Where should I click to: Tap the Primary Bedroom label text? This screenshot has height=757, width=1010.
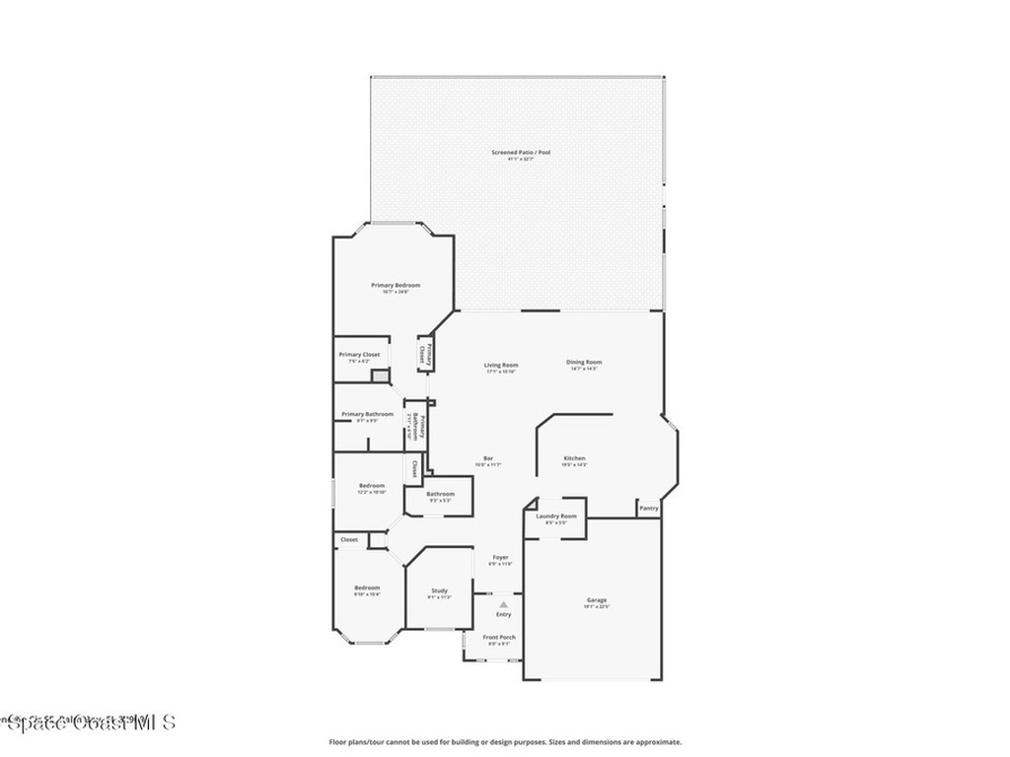pos(396,285)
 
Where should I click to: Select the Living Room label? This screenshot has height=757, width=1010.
pos(501,364)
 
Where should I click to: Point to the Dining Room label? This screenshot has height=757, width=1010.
pos(584,362)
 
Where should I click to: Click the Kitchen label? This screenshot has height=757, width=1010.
pos(575,458)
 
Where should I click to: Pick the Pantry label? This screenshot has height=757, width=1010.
pos(648,508)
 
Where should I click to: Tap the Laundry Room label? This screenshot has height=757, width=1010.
pos(556,516)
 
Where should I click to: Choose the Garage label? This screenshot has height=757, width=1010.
pos(597,600)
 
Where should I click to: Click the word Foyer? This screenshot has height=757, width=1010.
pos(501,557)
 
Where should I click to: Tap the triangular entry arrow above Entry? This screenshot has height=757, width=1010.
pos(503,604)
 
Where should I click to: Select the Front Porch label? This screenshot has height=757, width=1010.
pos(499,637)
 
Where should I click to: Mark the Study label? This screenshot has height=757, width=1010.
pos(439,590)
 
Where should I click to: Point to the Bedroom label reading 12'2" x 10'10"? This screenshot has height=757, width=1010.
pos(372,485)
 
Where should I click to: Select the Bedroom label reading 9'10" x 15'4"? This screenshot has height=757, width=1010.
pos(367,587)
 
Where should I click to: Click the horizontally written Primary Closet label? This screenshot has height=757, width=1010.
pos(359,354)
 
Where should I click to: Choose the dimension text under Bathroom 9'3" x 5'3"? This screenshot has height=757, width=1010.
pos(440,501)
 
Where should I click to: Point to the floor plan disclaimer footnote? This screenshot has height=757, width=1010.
pos(505,742)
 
